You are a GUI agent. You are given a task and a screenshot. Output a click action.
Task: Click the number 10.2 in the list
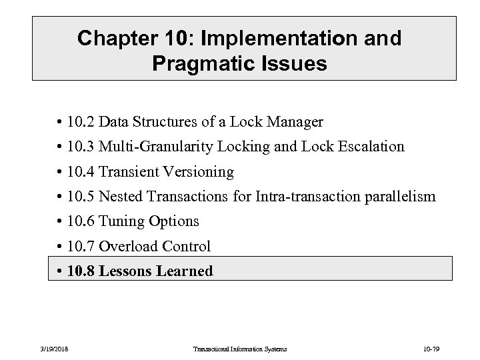click(84, 122)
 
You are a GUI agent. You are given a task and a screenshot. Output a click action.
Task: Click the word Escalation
click(371, 147)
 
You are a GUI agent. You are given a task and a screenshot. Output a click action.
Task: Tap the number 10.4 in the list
click(84, 172)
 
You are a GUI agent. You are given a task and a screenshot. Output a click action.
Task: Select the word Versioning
click(197, 172)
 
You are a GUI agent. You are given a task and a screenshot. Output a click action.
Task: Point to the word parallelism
click(398, 197)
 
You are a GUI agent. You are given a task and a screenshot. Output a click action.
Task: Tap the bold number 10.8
click(85, 271)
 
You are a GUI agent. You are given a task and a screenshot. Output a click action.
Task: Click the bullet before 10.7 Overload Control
click(60, 247)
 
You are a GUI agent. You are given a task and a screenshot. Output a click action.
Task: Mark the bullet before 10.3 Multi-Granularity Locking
click(60, 147)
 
